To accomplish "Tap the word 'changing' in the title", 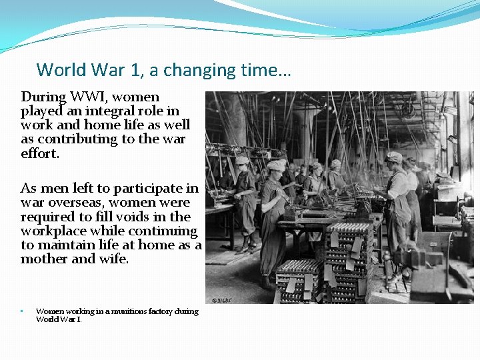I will coord(203,70).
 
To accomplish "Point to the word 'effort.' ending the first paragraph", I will coord(40,153).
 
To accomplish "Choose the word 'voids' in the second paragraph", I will coord(135,217).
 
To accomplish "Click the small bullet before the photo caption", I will coord(22,311).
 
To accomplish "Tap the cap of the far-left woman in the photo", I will coord(242,161).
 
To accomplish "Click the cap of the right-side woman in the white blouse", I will coord(394,157).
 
